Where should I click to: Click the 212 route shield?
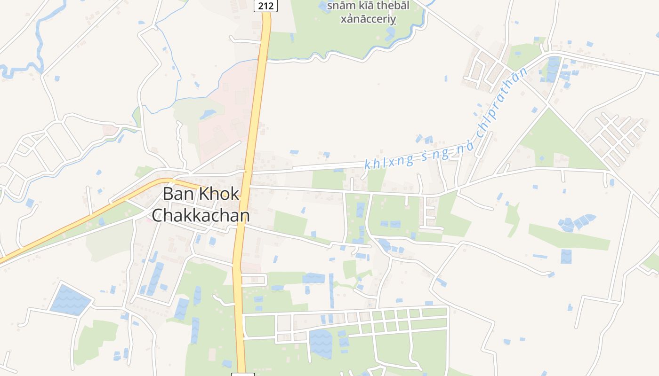(x=265, y=6)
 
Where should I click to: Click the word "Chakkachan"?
(x=201, y=215)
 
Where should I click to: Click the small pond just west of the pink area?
(x=207, y=114)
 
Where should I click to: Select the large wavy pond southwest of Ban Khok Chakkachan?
(x=70, y=299)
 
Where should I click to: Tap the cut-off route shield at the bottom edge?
(x=243, y=374)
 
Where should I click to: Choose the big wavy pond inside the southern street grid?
(x=321, y=342)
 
